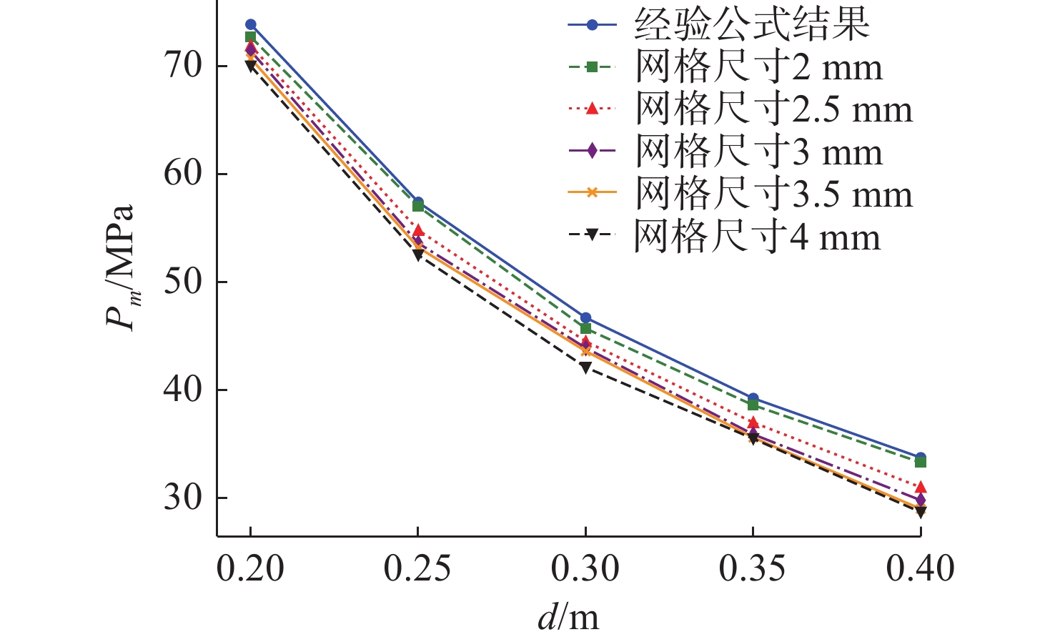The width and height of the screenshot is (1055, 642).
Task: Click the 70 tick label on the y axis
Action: tap(184, 66)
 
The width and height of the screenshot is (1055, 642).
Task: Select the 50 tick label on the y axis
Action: tap(184, 282)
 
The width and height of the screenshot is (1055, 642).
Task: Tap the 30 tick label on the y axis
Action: tap(184, 498)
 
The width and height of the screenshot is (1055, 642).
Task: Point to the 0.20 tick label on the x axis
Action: tap(250, 569)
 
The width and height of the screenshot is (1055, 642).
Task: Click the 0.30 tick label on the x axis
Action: tap(585, 569)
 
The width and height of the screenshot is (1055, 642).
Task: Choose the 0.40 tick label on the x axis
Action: tap(920, 569)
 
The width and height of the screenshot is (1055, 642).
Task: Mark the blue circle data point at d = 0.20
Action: tap(250, 25)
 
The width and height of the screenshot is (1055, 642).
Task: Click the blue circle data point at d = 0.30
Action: tap(585, 318)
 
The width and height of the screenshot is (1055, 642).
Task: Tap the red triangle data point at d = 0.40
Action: tap(921, 487)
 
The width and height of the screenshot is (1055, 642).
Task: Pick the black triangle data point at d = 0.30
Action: tap(585, 367)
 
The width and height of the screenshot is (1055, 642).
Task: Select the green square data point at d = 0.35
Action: tap(753, 405)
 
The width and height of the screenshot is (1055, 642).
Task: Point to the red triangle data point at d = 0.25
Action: tap(418, 231)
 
